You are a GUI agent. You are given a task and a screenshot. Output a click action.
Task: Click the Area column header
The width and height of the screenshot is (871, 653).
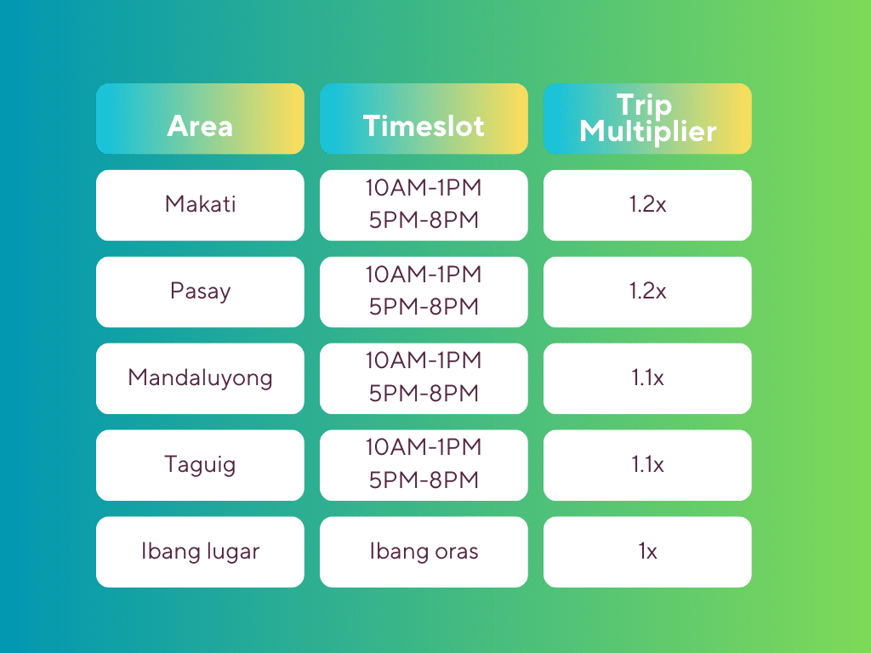[x=200, y=119]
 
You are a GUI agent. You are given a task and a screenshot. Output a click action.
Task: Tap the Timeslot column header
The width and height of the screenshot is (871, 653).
[x=424, y=119]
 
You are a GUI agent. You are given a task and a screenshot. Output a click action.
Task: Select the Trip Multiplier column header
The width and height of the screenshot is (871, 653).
[x=647, y=119]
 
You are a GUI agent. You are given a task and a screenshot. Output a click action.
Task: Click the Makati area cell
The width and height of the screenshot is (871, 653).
[x=200, y=206]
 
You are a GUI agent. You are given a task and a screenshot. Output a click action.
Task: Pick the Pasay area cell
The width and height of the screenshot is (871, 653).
[x=200, y=292]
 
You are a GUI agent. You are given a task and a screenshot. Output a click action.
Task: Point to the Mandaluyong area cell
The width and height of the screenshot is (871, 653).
[x=200, y=378]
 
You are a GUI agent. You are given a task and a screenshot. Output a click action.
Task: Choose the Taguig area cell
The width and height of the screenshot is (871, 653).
[x=200, y=465]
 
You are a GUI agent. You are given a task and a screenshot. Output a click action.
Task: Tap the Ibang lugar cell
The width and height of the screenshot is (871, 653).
[x=200, y=552]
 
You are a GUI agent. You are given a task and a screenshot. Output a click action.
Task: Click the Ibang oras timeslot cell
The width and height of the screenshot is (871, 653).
[x=424, y=552]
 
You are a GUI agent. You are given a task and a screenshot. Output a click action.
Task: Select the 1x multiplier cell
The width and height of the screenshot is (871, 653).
[x=647, y=552]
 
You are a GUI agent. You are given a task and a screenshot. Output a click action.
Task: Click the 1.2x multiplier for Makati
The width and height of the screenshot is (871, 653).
[x=647, y=206]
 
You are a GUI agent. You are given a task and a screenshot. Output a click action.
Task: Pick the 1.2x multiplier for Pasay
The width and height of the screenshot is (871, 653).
[x=647, y=292]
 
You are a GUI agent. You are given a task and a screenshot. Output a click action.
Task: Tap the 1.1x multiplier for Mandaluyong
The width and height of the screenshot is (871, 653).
[x=647, y=378]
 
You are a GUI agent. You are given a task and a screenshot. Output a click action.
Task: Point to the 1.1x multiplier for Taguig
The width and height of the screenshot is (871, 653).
[x=647, y=465]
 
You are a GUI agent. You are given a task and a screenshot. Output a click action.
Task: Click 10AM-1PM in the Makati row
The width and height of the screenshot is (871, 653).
[x=424, y=188]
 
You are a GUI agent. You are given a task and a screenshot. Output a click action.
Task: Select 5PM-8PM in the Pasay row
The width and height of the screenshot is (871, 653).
[x=424, y=306]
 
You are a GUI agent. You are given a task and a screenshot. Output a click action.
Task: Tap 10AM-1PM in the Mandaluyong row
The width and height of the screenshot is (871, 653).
[x=424, y=361]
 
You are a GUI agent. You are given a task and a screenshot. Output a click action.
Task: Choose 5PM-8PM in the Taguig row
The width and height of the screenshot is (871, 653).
[x=424, y=480]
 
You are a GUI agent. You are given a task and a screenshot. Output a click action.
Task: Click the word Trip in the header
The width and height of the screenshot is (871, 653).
[x=645, y=105]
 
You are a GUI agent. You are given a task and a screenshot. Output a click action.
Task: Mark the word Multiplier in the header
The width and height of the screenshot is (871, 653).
[x=647, y=132]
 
